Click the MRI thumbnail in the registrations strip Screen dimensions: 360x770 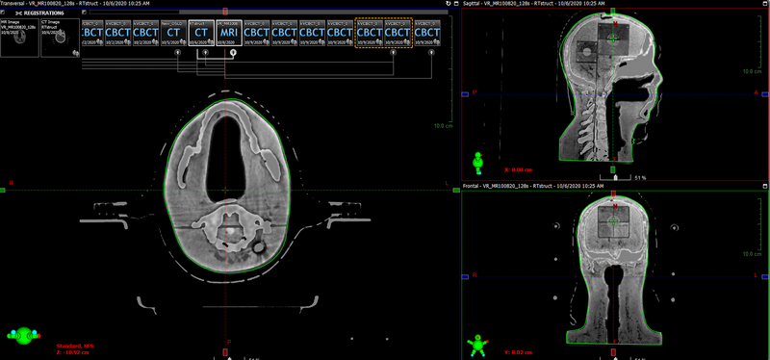pyautogui.click(x=229, y=32)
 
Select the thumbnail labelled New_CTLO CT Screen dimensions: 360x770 pyautogui.click(x=173, y=32)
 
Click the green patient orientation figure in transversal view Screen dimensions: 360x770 pyautogui.click(x=20, y=335)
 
